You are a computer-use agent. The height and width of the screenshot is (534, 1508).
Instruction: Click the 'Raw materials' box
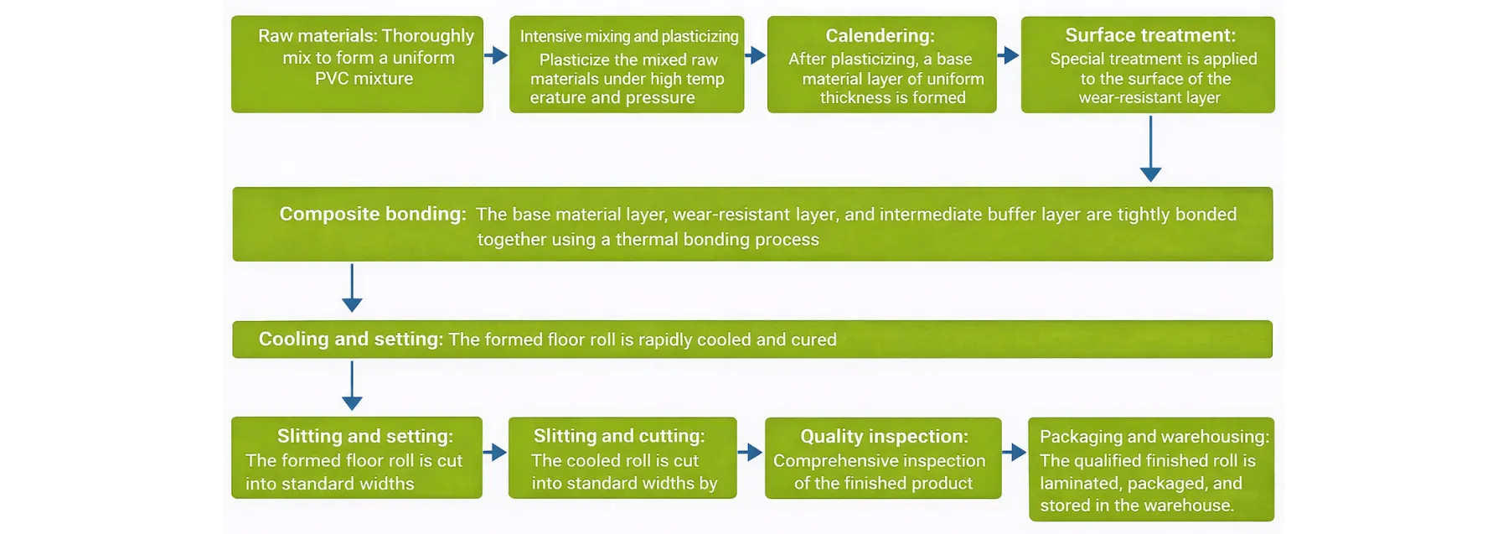(357, 65)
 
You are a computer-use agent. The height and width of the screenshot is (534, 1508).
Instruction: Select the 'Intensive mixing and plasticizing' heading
(628, 36)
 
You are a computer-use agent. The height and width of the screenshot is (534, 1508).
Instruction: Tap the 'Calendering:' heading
(880, 36)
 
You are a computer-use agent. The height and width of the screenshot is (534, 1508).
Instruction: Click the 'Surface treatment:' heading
(1149, 35)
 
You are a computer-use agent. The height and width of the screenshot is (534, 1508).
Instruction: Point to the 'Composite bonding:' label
(372, 214)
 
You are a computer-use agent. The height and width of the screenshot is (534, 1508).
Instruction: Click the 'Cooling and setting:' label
(350, 339)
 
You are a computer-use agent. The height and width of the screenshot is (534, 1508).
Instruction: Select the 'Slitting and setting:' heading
(364, 436)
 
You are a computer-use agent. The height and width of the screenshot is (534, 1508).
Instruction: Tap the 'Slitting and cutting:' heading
(619, 436)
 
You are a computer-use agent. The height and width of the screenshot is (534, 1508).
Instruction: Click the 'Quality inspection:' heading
(884, 436)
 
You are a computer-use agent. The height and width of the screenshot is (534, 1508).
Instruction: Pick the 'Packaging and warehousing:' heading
(1154, 436)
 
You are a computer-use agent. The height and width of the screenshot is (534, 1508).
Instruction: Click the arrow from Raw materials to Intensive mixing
(496, 55)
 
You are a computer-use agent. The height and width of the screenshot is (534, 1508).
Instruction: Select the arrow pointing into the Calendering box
(755, 55)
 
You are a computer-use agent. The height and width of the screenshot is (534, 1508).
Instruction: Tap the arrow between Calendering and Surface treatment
(1008, 55)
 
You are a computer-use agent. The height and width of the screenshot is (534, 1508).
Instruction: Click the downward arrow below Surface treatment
(1150, 148)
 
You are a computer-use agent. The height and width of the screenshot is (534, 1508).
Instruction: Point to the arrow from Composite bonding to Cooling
(352, 288)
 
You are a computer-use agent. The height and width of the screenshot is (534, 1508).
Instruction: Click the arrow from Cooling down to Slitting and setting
(352, 386)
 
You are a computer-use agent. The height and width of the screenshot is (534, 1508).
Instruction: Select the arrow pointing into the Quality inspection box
(750, 453)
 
